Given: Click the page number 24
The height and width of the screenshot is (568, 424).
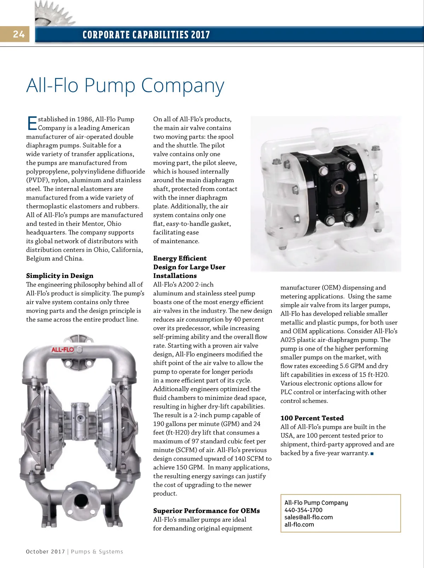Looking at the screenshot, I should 19,34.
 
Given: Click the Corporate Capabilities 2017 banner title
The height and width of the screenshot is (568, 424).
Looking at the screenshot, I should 146,35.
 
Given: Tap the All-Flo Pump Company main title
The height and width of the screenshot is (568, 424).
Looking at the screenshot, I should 125,86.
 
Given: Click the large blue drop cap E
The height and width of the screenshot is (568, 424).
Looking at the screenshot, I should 31,123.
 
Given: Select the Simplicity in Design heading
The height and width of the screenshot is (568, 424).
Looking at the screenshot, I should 60,276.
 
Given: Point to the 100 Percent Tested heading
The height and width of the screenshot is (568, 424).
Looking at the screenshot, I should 312,418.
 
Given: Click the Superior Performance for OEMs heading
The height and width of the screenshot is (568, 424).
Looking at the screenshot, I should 206,511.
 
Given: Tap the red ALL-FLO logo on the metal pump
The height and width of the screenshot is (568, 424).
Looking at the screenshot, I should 63,350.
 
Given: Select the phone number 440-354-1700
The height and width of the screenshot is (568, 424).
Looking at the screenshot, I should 304,510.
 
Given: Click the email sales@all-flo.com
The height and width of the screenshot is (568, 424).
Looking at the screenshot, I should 308,517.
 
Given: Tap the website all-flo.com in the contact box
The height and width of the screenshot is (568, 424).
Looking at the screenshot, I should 299,524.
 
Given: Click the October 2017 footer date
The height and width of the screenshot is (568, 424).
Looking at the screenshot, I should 46,552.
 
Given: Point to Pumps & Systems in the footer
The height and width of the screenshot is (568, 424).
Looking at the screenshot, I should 97,552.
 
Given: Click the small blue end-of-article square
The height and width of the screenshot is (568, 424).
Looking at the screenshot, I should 372,454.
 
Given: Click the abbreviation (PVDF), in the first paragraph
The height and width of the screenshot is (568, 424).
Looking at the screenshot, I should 37,180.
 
